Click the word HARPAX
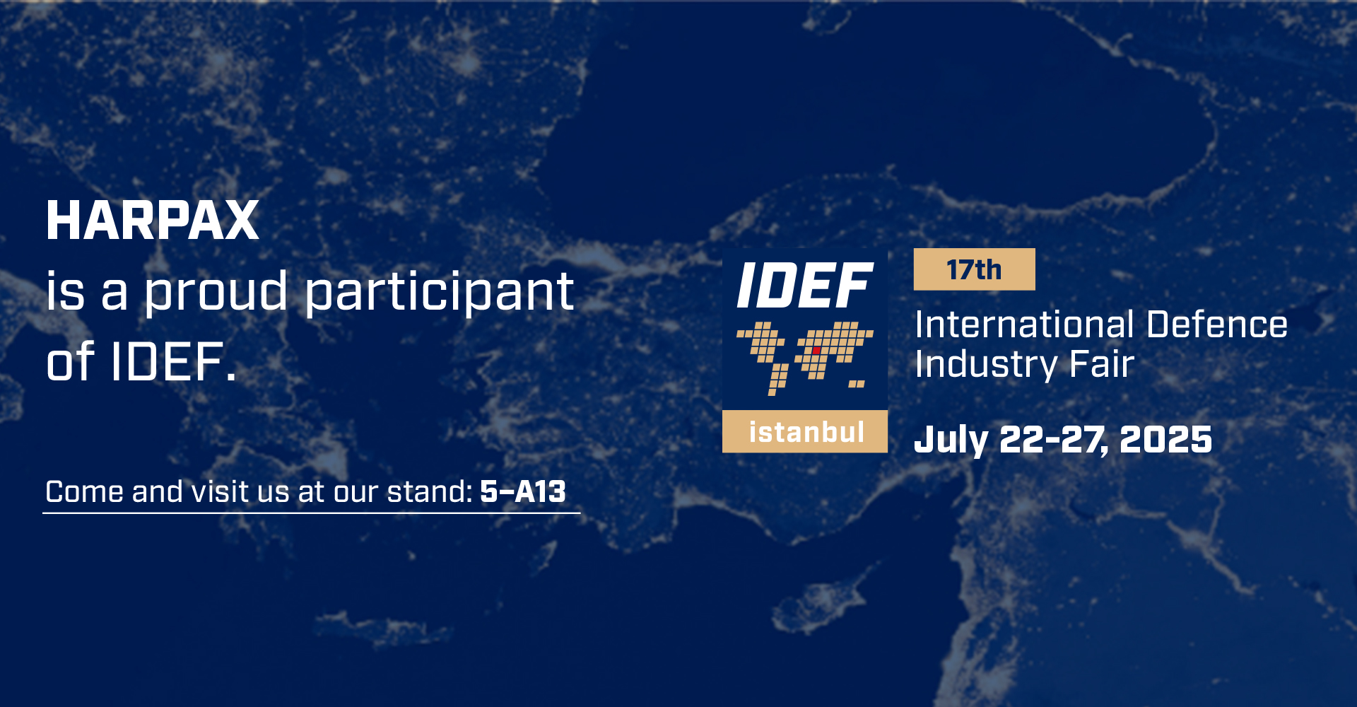[153, 221]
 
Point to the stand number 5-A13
[523, 491]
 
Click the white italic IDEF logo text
[805, 286]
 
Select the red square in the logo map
[816, 350]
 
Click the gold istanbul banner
[805, 431]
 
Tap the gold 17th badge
[975, 269]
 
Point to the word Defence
[1217, 325]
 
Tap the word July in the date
[951, 440]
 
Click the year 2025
[1166, 440]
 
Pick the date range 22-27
[1053, 440]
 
